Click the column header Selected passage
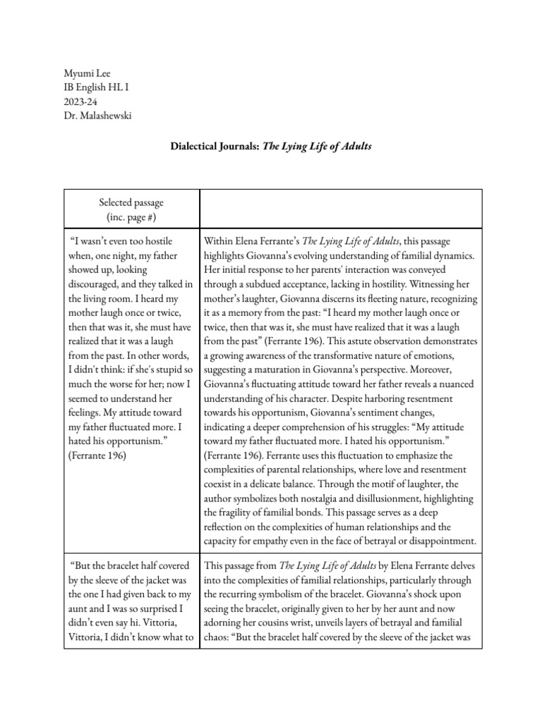pyautogui.click(x=132, y=203)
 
